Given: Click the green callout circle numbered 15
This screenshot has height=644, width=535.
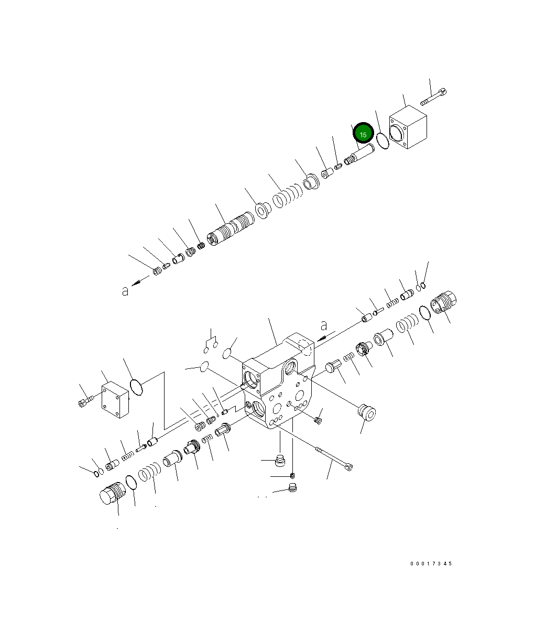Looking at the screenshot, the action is point(363,133).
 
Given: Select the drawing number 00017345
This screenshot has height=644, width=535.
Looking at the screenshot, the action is point(431,563).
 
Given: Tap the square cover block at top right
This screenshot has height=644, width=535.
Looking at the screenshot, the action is point(408,127).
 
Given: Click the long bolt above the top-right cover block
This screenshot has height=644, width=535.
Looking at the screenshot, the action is point(433,97).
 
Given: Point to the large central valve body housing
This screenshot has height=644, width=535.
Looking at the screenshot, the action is point(278,380).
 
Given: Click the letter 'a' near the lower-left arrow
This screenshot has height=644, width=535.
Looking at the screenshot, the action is point(125,291).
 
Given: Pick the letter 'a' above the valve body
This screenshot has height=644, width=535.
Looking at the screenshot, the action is point(324,325).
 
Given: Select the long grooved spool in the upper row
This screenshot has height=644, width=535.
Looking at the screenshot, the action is point(231,229).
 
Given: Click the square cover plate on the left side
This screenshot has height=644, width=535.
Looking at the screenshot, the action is point(115,399).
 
